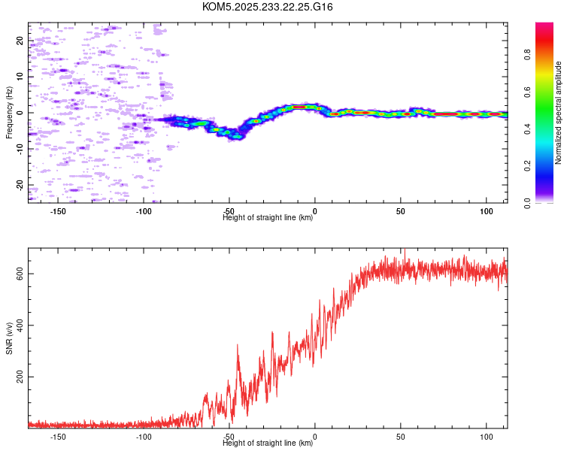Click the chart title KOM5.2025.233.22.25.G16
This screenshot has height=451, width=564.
point(267,7)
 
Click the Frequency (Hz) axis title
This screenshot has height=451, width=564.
point(9,113)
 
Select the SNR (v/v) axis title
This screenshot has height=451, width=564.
point(9,338)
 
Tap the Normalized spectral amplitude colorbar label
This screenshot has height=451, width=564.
point(558,113)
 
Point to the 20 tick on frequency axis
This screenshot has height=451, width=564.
point(20,41)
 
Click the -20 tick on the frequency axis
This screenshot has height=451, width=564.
point(20,185)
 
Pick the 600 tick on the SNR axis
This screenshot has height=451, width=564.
point(20,274)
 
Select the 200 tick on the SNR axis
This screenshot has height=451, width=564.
point(20,377)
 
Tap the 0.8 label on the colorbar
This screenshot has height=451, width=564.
point(527,55)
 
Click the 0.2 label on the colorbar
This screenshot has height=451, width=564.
point(527,166)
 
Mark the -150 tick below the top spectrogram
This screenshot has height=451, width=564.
point(58,211)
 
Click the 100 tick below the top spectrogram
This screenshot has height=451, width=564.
point(487,211)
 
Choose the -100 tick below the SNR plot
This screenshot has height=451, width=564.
point(144,437)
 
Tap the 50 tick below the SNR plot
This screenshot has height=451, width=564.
point(401,437)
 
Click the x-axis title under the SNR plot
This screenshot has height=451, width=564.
point(268,443)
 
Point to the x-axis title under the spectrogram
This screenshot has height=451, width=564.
point(268,217)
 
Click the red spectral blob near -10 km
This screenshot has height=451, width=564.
point(299,107)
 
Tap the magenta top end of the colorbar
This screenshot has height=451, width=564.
point(544,25)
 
